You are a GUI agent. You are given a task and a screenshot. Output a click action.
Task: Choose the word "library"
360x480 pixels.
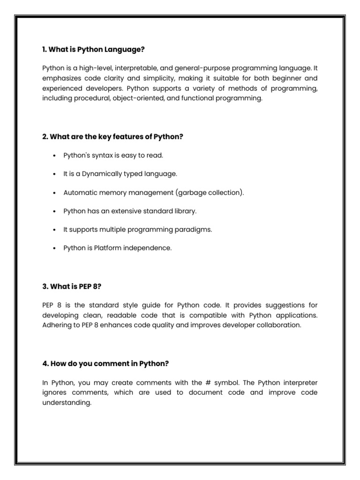(x=184, y=211)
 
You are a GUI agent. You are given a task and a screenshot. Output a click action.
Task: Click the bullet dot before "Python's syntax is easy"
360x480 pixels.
(x=55, y=156)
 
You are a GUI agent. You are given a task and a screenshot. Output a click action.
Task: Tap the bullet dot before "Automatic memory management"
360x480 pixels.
(x=55, y=193)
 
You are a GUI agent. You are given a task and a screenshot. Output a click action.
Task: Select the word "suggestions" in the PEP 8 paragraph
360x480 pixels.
(x=287, y=305)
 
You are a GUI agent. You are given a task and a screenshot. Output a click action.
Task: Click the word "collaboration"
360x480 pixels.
(x=277, y=325)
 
